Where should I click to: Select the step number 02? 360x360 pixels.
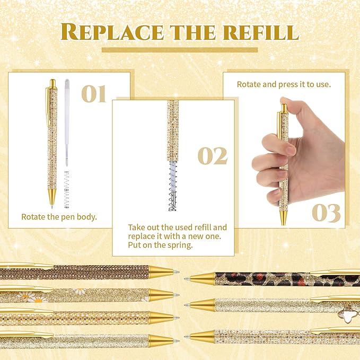click(213, 156)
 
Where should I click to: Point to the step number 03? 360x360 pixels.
click(326, 213)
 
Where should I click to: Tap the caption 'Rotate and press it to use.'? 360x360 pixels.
click(284, 84)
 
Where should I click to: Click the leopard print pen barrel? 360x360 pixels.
click(265, 278)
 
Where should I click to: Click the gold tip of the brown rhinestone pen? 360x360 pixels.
click(162, 273)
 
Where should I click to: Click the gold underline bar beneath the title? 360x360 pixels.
click(179, 50)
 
